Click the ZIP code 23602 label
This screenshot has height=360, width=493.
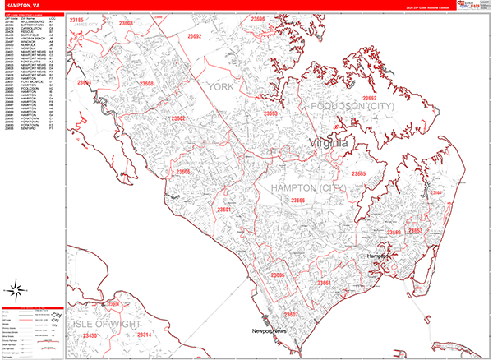tap(178, 119)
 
